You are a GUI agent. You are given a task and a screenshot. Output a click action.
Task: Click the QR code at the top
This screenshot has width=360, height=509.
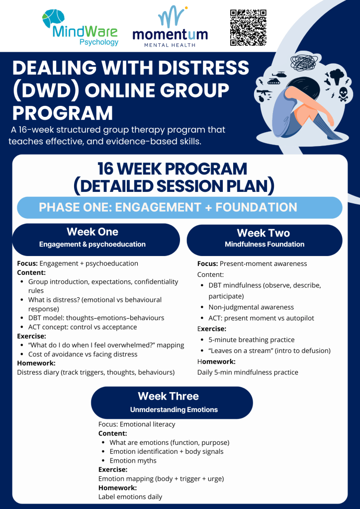coord(248,28)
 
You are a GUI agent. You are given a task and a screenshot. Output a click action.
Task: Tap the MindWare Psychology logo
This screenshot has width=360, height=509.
coord(80,28)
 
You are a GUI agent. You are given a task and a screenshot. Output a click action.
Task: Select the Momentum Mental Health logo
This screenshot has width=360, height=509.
coord(170,27)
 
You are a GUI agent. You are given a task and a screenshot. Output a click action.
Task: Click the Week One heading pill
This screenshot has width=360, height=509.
coord(96,240)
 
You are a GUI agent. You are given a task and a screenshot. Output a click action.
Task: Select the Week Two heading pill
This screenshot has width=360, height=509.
coord(265,240)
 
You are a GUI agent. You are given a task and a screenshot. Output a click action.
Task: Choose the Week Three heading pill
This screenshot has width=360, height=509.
coord(172,402)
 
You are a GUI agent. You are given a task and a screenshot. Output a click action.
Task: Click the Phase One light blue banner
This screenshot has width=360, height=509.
coord(180,207)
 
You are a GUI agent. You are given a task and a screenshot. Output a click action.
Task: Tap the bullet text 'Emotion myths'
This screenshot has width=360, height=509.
coord(133,460)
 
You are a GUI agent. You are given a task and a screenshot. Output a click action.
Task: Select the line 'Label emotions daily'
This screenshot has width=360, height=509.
coord(130,497)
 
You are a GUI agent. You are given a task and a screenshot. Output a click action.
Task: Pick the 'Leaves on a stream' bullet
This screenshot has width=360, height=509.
coord(270,350)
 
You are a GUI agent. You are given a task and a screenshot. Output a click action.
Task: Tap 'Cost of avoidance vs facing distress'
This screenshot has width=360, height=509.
coord(83,354)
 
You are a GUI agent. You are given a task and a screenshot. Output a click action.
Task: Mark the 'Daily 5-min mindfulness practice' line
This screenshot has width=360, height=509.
coord(248,372)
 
